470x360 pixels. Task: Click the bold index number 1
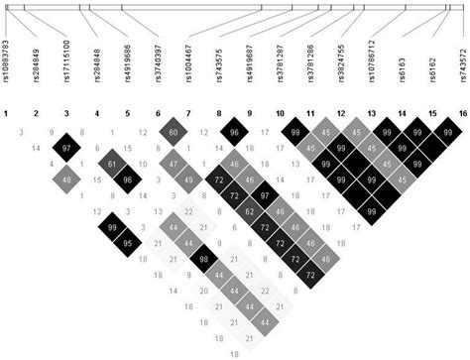click(6, 115)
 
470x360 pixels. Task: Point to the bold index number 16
click(461, 115)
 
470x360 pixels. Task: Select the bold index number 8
click(218, 115)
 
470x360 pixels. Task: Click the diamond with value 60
click(174, 132)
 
